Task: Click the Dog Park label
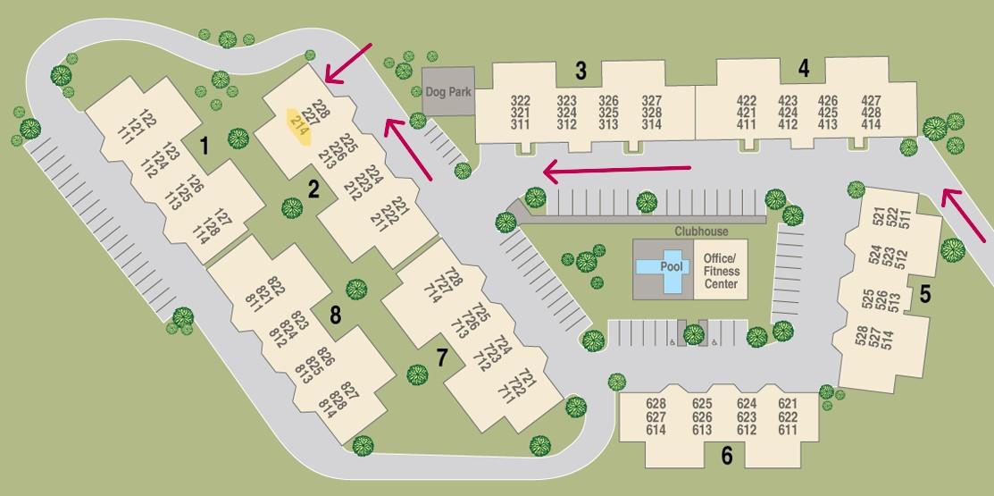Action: coord(447,90)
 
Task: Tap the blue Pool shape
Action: coord(664,267)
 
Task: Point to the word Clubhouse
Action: coord(701,231)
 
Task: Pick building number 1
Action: coord(205,144)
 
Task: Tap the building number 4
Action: coord(804,67)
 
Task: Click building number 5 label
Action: coord(926,293)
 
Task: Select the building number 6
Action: coord(726,457)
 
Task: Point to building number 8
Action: coord(335,315)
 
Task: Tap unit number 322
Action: coord(520,101)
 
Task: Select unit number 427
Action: coord(871,101)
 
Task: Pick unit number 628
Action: coord(656,404)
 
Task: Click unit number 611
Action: coord(787,430)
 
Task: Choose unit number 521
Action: coord(879,215)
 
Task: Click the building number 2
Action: coord(313,189)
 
